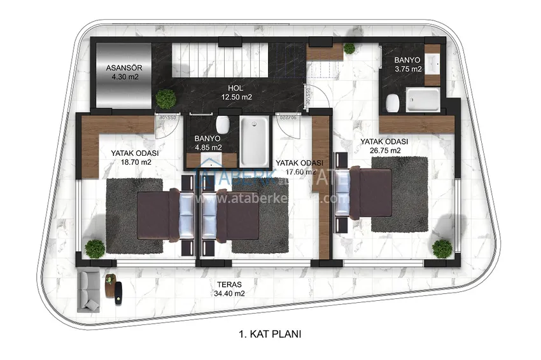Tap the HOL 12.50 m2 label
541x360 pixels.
(x=237, y=93)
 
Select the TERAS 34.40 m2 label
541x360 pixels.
(x=230, y=289)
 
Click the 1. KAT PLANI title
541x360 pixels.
(x=270, y=333)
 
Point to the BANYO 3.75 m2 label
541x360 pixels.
(x=408, y=64)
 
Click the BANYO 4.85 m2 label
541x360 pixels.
(x=208, y=142)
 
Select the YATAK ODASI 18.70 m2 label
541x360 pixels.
(x=134, y=158)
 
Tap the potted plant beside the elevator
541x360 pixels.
(x=166, y=99)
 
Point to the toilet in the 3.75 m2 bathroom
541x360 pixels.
(x=392, y=101)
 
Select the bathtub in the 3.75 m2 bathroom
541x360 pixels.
(x=423, y=100)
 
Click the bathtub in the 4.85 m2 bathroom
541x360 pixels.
(x=255, y=141)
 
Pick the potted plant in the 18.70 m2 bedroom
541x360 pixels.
(x=95, y=247)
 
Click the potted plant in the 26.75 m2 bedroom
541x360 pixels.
(x=441, y=248)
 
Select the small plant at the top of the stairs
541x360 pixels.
(x=349, y=48)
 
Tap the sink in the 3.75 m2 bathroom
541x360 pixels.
(x=433, y=64)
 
